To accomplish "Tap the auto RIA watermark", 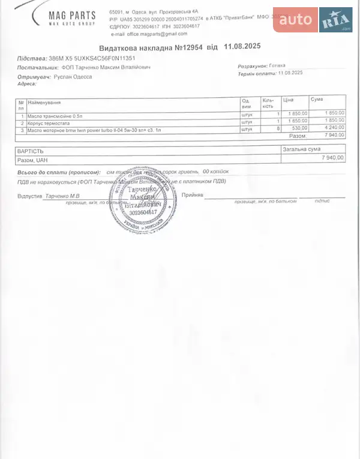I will [x=313, y=21].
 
